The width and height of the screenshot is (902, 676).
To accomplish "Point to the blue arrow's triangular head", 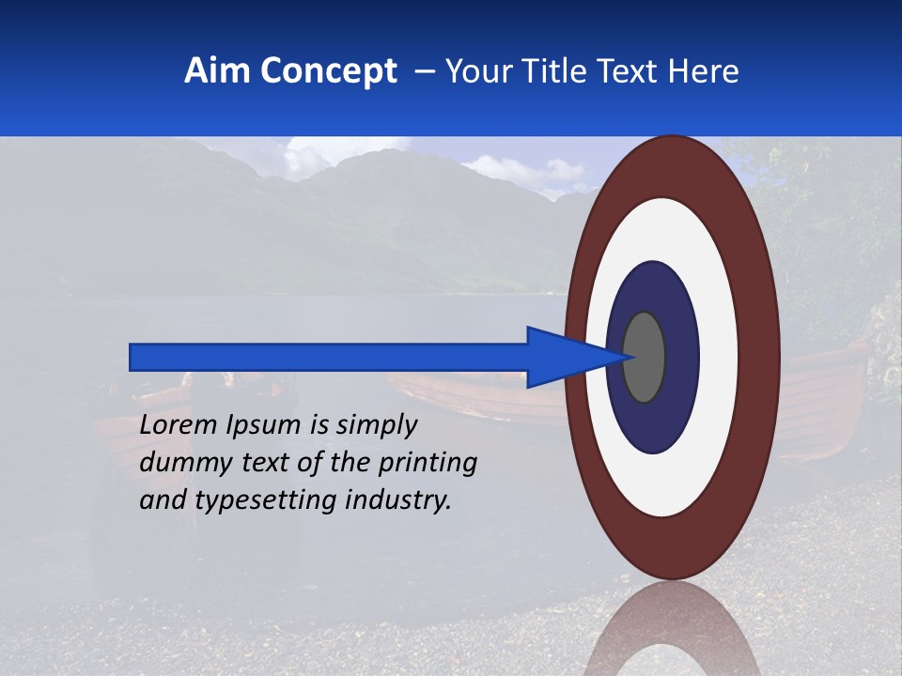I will [564, 357].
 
